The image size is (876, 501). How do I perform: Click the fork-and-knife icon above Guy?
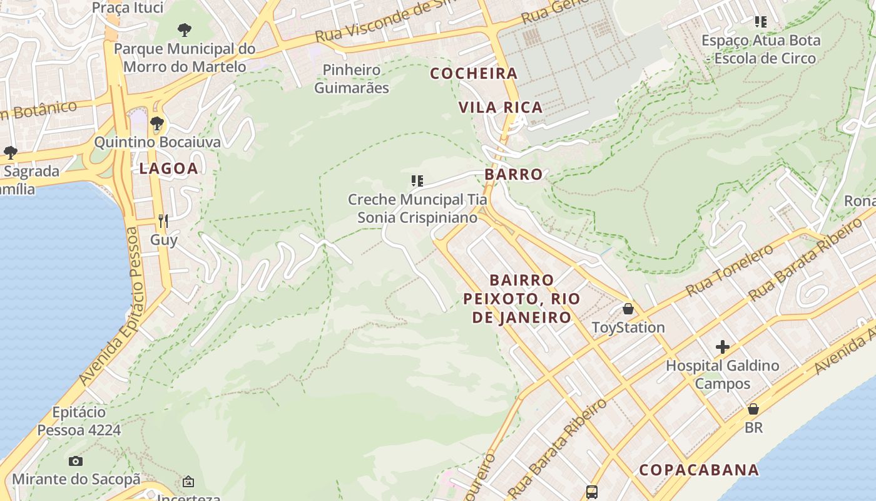[163, 220]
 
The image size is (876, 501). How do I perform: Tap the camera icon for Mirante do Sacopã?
[76, 461]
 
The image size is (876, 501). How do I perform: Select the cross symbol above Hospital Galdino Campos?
[723, 346]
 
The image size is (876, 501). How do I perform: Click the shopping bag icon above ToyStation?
[628, 309]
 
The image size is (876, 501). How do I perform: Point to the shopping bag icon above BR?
[753, 409]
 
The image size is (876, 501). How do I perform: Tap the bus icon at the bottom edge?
[591, 492]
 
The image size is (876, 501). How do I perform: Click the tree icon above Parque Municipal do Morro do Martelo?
[184, 29]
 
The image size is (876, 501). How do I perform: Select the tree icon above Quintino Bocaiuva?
[157, 123]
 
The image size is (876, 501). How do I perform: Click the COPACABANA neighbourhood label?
[698, 470]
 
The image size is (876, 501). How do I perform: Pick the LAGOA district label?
[168, 168]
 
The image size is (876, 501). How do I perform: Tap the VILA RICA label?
[501, 108]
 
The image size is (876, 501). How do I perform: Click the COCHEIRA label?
[474, 73]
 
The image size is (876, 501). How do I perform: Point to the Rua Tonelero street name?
[730, 271]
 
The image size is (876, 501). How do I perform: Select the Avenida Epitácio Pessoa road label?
[109, 307]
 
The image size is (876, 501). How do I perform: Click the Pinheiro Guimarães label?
[352, 79]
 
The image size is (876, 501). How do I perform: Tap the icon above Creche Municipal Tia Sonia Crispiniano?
[417, 182]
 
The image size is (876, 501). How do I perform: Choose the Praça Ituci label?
[128, 8]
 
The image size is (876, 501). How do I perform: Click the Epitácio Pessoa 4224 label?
[79, 421]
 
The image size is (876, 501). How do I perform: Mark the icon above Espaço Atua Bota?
[761, 22]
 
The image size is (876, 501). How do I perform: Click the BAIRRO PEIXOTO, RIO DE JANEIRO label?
[522, 298]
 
